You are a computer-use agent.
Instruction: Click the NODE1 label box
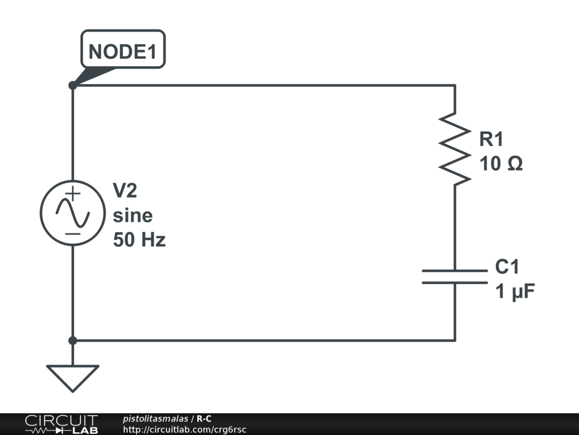tap(123, 49)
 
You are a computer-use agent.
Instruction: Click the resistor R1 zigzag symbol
tap(455, 149)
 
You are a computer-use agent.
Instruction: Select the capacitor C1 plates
tap(455, 276)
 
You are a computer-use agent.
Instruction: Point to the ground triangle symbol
tap(73, 378)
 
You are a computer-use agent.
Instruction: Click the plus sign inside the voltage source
tap(74, 193)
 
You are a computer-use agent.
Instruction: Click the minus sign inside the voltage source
tap(73, 234)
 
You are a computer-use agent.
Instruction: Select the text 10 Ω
tap(501, 163)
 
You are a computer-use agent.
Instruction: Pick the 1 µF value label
tap(515, 291)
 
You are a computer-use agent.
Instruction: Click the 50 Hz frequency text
tap(139, 240)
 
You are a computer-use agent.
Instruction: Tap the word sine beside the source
tap(132, 215)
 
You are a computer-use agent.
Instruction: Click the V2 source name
tap(125, 190)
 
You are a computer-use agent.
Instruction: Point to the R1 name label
tap(491, 139)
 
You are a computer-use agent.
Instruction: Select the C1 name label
tap(507, 266)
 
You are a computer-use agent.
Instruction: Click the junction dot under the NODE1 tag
tap(73, 86)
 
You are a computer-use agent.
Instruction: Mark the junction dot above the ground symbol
tap(73, 340)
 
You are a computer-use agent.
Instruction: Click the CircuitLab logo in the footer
tap(62, 424)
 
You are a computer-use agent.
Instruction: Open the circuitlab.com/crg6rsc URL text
tap(185, 429)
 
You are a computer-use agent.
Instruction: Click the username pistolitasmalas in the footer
tap(155, 419)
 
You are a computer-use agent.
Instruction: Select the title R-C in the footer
tap(204, 419)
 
